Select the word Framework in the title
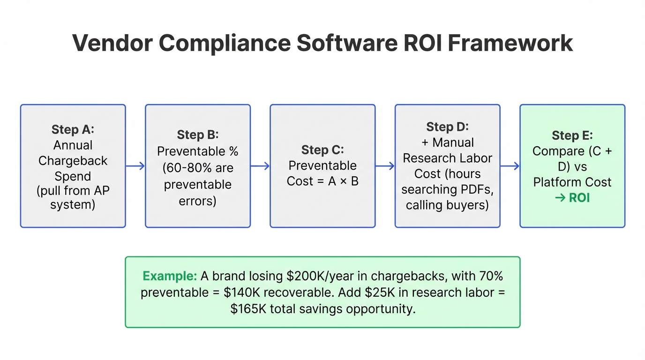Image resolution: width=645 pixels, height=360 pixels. [510, 43]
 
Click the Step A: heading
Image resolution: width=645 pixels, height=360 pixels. [73, 129]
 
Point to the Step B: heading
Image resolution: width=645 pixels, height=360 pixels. [198, 135]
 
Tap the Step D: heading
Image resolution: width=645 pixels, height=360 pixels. [447, 127]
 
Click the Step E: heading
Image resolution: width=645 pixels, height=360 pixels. [572, 135]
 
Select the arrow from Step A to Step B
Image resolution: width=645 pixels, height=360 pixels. [135, 166]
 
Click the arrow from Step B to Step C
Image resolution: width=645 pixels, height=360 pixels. [260, 166]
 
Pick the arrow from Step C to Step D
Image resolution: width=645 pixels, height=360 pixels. [385, 166]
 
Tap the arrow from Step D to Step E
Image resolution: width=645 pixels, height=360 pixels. [510, 166]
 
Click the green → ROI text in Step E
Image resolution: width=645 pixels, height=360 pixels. [572, 198]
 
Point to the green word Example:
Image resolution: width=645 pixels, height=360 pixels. [170, 276]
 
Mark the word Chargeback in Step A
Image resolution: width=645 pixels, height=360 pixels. [73, 161]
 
